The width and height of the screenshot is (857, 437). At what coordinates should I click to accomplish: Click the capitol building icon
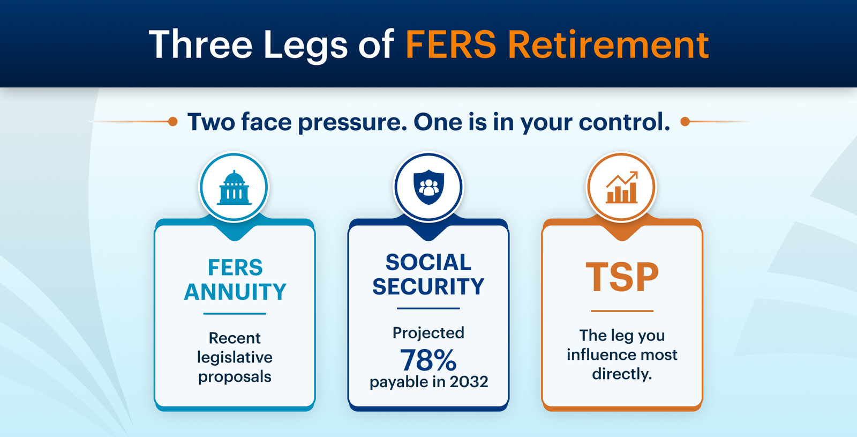tap(234, 188)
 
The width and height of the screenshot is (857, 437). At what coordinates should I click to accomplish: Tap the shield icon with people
tap(428, 187)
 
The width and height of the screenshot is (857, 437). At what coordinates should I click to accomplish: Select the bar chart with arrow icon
tap(622, 187)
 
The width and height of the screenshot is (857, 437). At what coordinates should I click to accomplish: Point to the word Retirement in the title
tap(608, 45)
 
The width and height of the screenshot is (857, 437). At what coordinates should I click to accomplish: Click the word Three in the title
tap(200, 45)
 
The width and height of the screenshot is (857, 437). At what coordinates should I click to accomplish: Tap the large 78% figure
tap(428, 360)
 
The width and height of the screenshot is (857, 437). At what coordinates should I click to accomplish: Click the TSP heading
tap(622, 277)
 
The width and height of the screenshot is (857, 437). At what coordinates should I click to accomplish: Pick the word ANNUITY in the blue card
tap(235, 292)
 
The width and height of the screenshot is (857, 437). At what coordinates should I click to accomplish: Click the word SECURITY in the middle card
tap(428, 286)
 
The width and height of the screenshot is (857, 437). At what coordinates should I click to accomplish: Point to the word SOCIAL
tap(428, 262)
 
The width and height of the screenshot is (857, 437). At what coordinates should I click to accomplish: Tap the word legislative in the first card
tap(235, 358)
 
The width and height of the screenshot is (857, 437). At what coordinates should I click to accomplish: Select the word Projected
tap(428, 333)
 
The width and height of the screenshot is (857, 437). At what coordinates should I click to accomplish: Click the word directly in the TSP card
tap(622, 374)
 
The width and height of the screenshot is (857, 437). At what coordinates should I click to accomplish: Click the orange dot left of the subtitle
tap(172, 121)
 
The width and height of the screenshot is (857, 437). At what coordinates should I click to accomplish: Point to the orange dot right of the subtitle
tap(685, 121)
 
